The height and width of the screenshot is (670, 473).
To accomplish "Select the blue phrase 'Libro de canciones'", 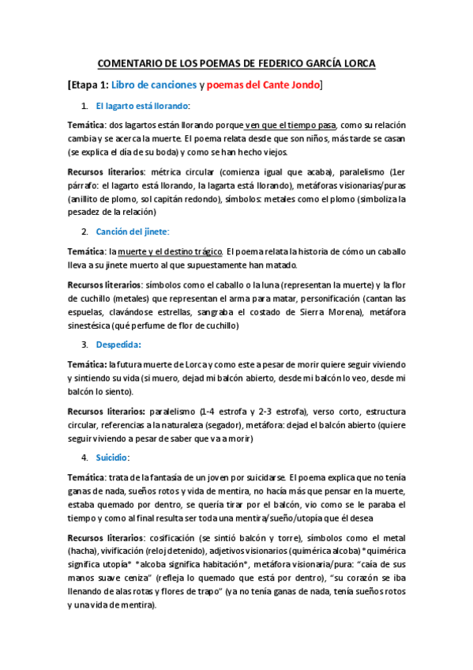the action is (x=154, y=85).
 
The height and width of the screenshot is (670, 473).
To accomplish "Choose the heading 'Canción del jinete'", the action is (x=132, y=231).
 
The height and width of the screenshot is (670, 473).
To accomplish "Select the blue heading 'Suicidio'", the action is (x=113, y=457).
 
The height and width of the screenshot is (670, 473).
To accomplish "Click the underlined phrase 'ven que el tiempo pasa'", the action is (x=291, y=125).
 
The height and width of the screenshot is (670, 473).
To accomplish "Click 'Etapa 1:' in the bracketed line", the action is (x=88, y=85).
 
